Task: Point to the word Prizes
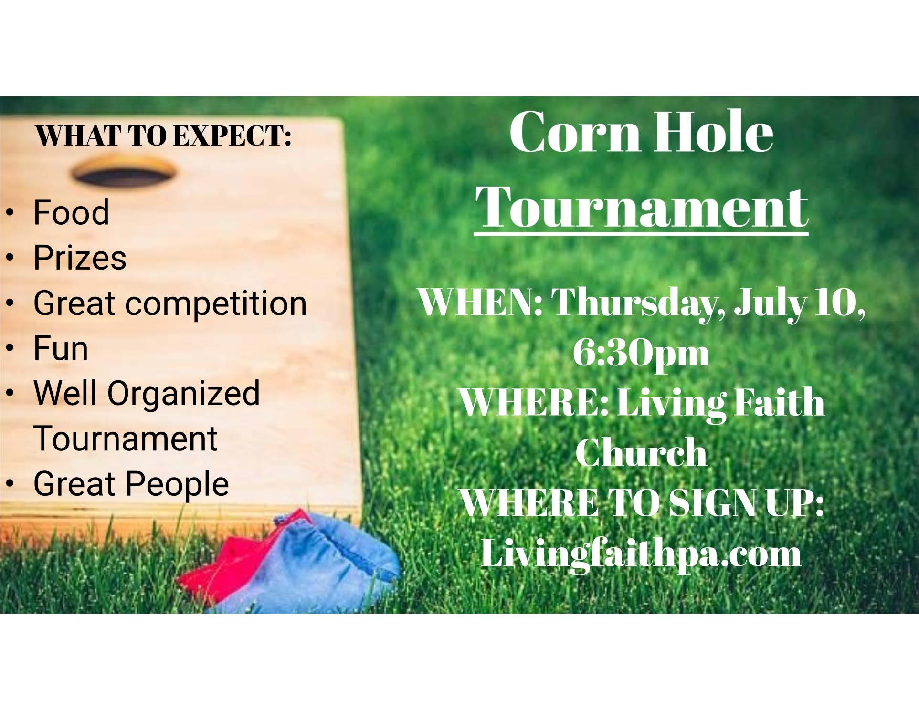[80, 258]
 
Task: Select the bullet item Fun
[61, 348]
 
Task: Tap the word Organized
[183, 394]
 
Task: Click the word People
[178, 484]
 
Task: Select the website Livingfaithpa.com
[641, 553]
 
